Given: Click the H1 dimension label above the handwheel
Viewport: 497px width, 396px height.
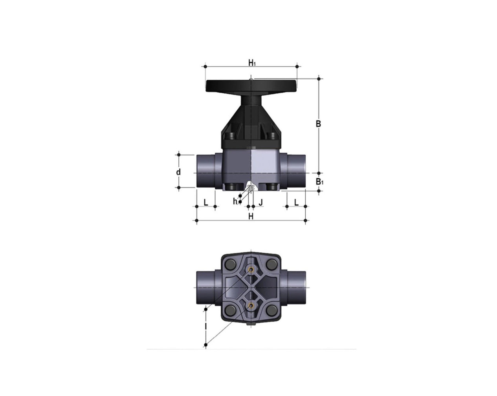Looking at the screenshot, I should pyautogui.click(x=251, y=62).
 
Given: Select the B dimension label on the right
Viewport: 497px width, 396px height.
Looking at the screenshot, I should pyautogui.click(x=319, y=124).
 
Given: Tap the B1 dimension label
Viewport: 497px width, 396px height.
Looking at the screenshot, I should pyautogui.click(x=320, y=182).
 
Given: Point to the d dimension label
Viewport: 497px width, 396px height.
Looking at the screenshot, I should pyautogui.click(x=178, y=172).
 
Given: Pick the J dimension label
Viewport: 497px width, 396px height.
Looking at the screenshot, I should pyautogui.click(x=260, y=202).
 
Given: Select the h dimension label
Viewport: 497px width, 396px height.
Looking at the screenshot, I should pyautogui.click(x=235, y=202).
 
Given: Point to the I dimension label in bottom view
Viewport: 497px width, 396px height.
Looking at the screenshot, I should pyautogui.click(x=205, y=327).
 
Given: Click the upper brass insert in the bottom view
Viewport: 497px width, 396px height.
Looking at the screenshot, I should pyautogui.click(x=251, y=269).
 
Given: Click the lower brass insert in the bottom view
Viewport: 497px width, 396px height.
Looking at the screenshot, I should pyautogui.click(x=251, y=305).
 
